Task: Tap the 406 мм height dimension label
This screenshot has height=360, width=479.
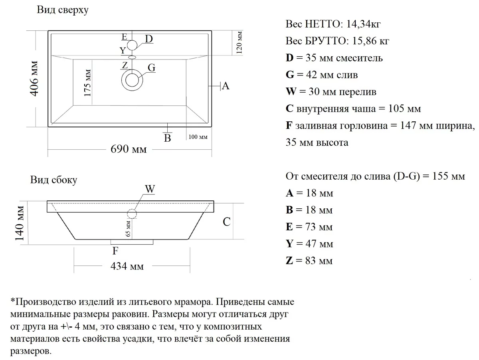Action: (35, 79)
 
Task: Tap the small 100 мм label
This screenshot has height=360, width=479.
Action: (198, 137)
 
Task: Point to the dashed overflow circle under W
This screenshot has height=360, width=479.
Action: (132, 214)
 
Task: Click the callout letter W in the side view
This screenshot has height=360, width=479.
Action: (150, 189)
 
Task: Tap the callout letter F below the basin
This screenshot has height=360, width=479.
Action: (115, 251)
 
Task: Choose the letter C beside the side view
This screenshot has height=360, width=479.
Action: (227, 222)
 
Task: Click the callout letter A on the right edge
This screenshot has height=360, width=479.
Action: (225, 85)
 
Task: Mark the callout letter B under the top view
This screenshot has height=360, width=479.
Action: (168, 138)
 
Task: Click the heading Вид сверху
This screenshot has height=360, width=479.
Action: (63, 10)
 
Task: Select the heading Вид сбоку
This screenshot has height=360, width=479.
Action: (54, 180)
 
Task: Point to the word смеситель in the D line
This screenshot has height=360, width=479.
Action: (360, 58)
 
